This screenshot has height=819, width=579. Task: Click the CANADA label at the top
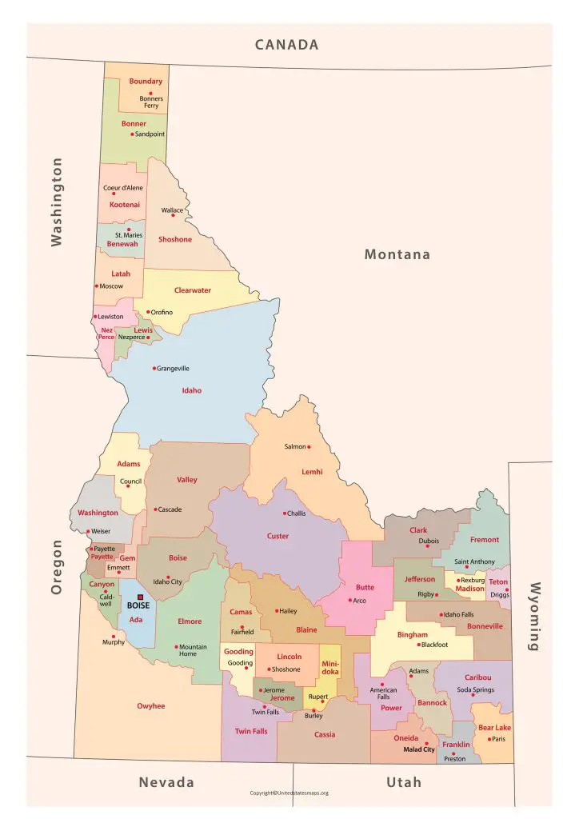tap(286, 45)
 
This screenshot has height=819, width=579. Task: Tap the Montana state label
tap(397, 254)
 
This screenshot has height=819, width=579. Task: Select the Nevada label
tap(166, 781)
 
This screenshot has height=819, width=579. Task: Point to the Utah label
tap(404, 781)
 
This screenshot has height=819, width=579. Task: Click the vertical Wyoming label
tap(534, 616)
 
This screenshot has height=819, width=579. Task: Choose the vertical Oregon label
tap(57, 566)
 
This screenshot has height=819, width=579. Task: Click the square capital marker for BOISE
tap(140, 597)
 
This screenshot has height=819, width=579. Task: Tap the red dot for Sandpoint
tap(132, 134)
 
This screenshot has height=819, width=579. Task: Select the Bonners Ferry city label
tap(151, 102)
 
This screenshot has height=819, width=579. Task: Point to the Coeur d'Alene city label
tap(123, 188)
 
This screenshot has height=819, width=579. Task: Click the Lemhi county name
tap(312, 472)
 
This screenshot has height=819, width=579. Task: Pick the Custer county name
tap(278, 536)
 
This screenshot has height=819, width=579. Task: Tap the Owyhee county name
tap(150, 706)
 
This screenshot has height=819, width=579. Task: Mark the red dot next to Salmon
tap(309, 446)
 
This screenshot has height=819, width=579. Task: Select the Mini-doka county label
tap(330, 668)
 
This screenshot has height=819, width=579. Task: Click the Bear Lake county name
tap(494, 728)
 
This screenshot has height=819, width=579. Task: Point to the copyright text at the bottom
tap(289, 793)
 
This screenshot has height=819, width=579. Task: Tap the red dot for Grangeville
tap(154, 369)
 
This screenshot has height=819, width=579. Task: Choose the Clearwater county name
tap(193, 290)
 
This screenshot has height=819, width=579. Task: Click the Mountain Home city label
tap(193, 650)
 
